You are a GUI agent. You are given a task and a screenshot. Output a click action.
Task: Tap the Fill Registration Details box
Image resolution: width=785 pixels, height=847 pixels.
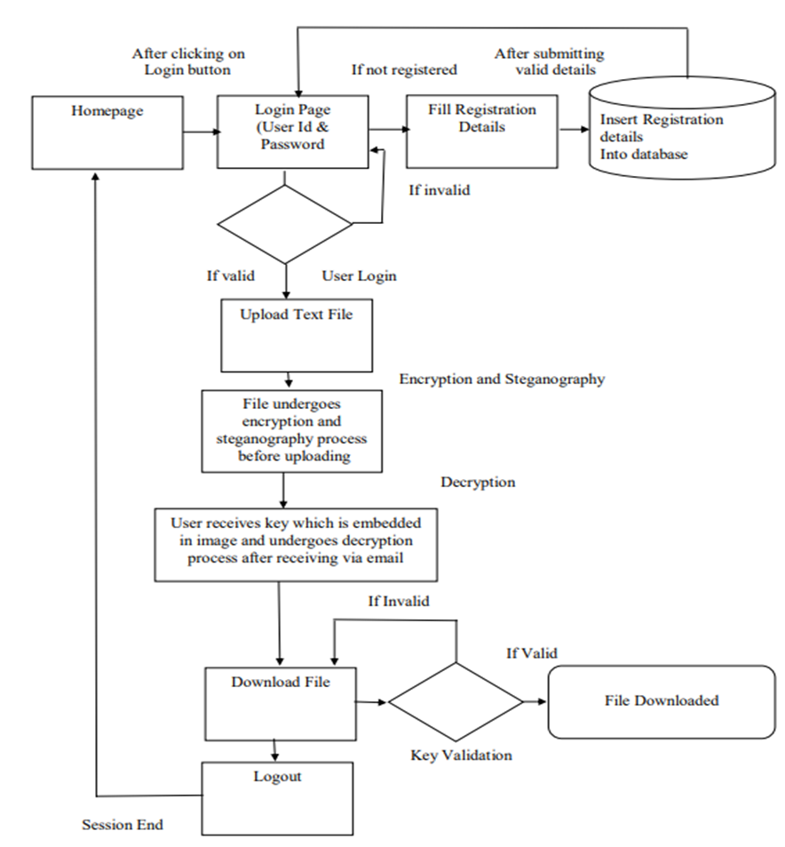coord(482,131)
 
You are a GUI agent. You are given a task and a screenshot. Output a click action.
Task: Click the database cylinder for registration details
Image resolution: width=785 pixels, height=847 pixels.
coord(686,132)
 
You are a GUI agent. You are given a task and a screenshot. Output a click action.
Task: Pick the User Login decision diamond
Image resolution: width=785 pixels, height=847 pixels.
coord(285,224)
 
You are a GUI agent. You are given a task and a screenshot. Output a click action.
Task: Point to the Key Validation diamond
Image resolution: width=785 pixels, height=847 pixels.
coord(456,702)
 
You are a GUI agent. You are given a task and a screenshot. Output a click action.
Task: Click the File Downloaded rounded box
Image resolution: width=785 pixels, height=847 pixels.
coord(662,701)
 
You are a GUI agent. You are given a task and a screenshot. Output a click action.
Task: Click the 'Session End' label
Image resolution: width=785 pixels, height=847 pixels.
coord(123,825)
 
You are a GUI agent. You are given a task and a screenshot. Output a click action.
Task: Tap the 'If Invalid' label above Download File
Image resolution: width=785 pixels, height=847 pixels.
coord(399,602)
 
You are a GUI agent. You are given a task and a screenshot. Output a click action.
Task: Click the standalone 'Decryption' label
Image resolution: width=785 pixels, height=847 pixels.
coord(478,483)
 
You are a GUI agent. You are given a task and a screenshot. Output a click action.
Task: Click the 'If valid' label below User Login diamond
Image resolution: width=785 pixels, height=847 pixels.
coord(231,276)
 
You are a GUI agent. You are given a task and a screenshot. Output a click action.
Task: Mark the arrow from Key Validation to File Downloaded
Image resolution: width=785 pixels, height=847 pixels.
coord(535,702)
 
